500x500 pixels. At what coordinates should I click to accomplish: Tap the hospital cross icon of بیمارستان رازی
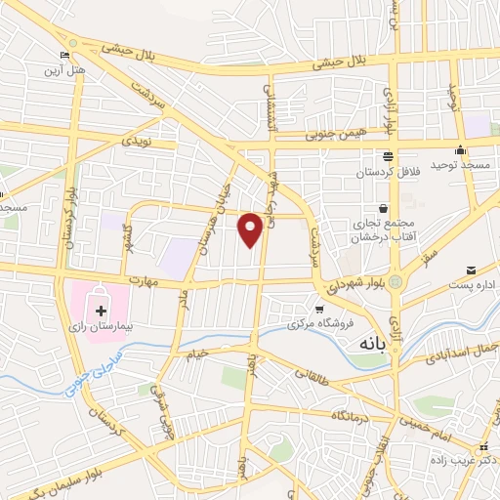100,296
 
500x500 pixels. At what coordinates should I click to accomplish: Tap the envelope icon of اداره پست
472,269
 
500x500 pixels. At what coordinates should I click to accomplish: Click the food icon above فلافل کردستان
389,156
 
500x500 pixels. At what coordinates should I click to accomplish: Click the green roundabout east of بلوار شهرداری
395,282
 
